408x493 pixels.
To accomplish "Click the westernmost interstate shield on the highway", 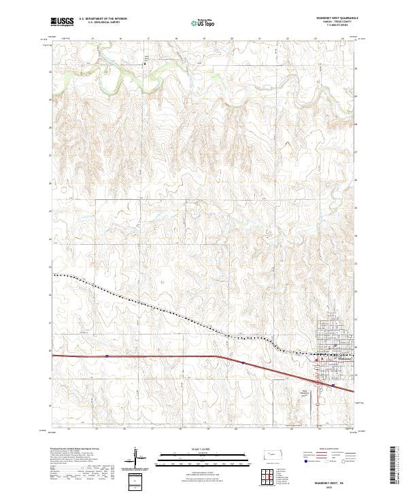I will [107, 355].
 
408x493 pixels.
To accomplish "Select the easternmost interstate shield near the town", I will [333, 384].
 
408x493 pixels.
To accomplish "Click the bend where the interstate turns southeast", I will [218, 356].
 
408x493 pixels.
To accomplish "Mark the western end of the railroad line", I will [55, 275].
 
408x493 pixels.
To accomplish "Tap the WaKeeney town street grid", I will [333, 364].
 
